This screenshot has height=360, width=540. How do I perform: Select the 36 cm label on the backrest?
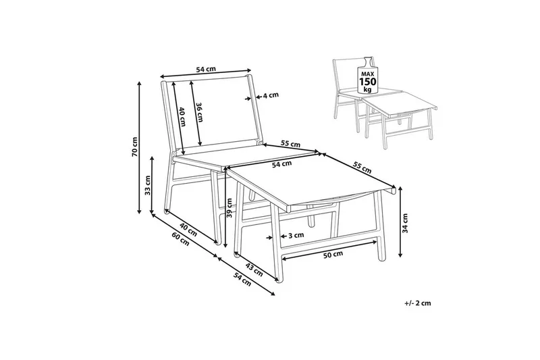pos(199,113)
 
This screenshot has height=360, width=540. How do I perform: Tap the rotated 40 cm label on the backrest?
pos(182,117)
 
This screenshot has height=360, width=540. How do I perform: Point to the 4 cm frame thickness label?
pos(271,95)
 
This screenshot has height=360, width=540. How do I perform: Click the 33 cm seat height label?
pos(147,185)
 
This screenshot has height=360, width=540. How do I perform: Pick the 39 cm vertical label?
pos(230,208)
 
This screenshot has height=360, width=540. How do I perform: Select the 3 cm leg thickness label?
pos(296,236)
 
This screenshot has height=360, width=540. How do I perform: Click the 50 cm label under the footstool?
pos(333,254)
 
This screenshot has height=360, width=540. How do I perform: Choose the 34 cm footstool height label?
pos(406,224)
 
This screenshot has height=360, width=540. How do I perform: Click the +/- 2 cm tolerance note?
pos(418,303)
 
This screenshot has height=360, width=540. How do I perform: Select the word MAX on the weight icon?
pos(368,74)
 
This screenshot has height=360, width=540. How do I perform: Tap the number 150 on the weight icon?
pos(368,82)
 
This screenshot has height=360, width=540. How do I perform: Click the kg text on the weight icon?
pos(367,90)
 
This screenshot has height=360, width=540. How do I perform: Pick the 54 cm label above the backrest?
pos(206,70)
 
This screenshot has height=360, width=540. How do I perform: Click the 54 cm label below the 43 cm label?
pos(242,280)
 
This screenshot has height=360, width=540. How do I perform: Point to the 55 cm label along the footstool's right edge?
pos(362,167)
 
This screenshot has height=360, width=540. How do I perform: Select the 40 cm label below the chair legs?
pos(188,230)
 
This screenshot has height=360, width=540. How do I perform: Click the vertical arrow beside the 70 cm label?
pos(140,147)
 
